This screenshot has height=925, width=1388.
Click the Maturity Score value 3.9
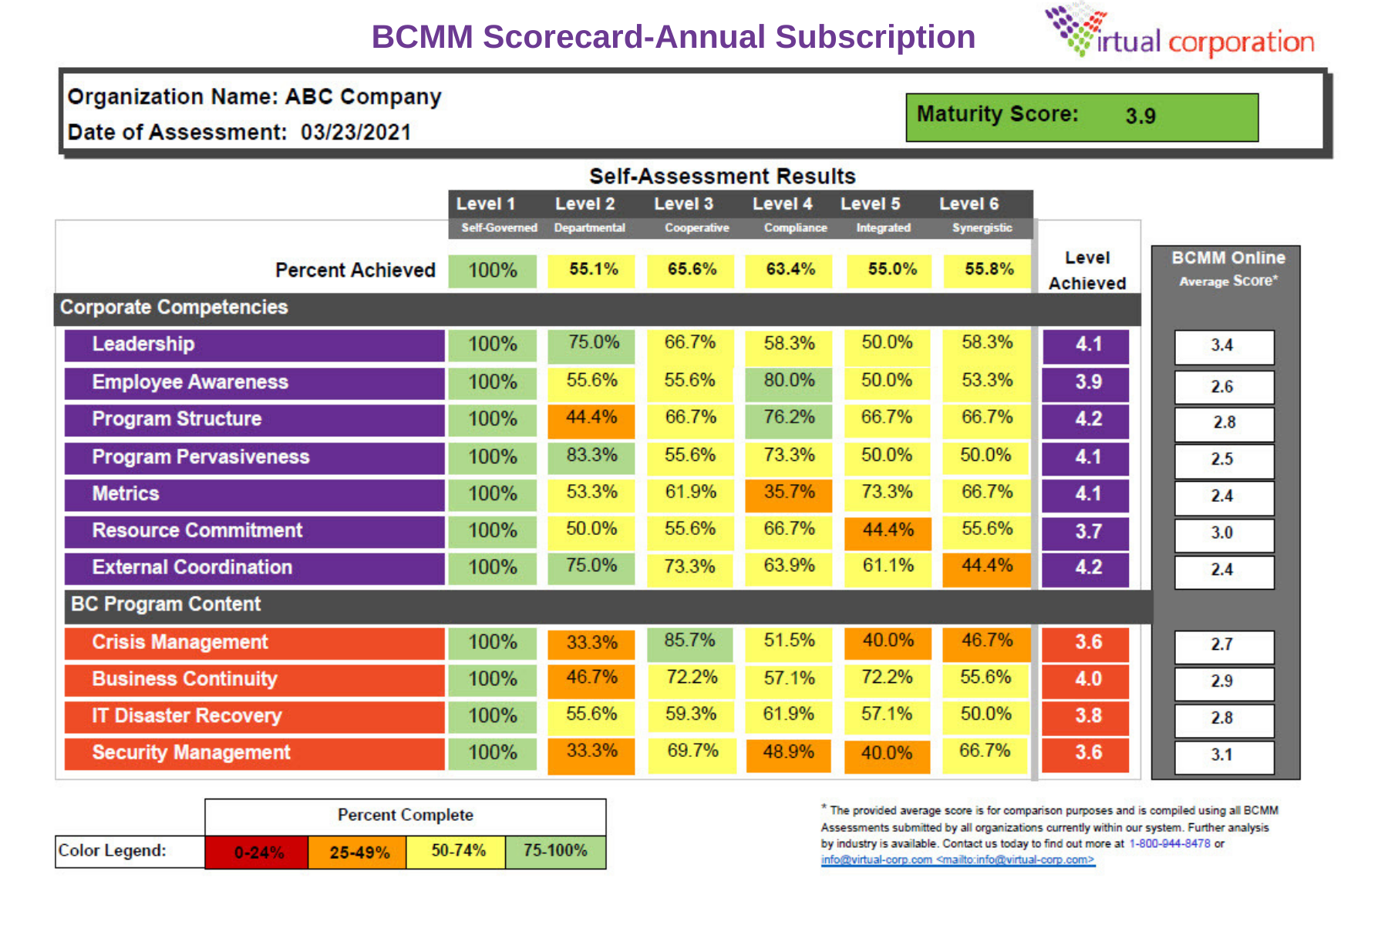(x=1140, y=116)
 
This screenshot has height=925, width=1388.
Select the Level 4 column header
(x=782, y=204)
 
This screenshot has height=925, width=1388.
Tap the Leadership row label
(x=143, y=345)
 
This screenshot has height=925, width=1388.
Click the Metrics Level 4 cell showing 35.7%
(x=789, y=493)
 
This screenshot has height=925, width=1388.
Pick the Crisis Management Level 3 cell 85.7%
(x=689, y=641)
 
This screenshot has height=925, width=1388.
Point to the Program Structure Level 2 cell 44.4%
(x=591, y=419)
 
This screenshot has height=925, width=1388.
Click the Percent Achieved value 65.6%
(x=692, y=270)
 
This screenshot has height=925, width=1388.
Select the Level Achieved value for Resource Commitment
(x=1087, y=532)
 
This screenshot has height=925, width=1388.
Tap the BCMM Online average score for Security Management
(x=1223, y=755)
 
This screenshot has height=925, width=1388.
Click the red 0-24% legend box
(x=258, y=853)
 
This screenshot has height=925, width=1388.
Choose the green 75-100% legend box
(x=555, y=852)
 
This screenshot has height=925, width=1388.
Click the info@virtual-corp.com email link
(x=956, y=860)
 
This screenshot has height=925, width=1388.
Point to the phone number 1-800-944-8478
(x=1169, y=844)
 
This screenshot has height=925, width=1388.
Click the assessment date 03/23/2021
(x=355, y=133)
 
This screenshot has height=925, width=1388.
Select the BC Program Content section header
(x=166, y=605)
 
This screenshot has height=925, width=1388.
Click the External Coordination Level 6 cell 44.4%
(x=987, y=567)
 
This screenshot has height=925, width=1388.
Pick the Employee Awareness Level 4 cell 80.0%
(x=789, y=382)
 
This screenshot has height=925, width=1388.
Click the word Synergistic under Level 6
(x=982, y=228)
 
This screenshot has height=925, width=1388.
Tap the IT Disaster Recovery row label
(x=187, y=716)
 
